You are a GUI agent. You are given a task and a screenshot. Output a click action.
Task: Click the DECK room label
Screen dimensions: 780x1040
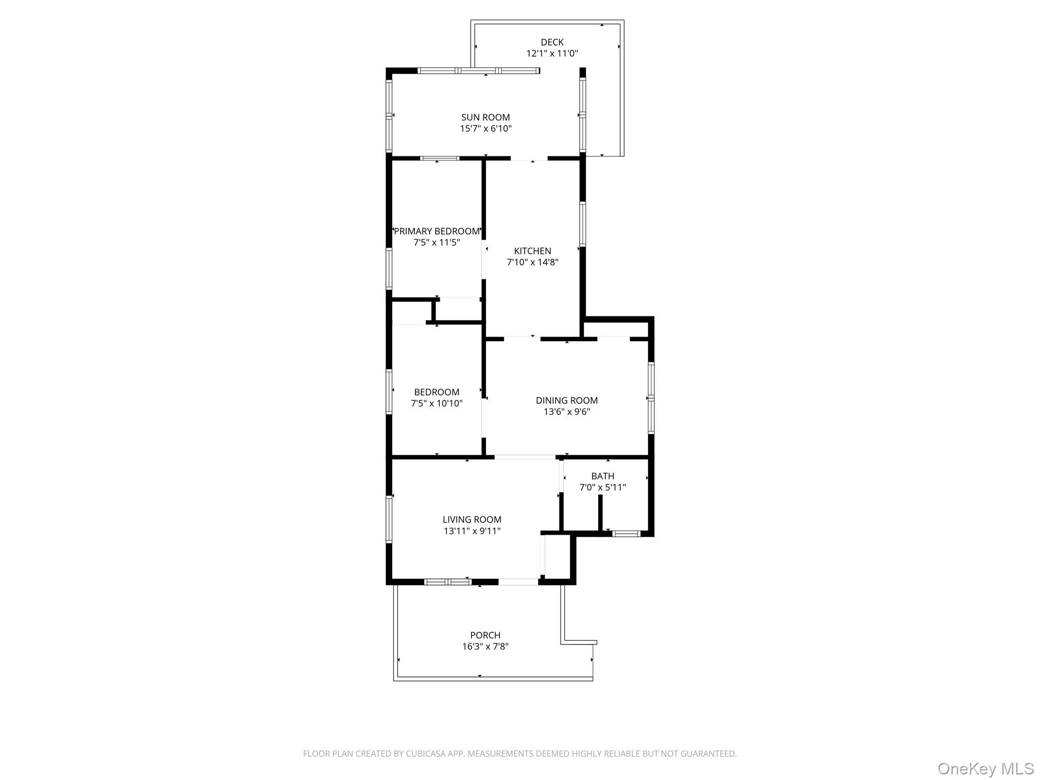point(552,42)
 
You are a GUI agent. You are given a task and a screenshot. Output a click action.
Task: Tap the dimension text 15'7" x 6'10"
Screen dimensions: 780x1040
point(485,128)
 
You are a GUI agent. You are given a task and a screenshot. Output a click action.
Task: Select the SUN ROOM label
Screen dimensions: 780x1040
point(485,117)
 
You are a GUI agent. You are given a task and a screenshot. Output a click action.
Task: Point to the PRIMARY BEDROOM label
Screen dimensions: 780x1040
point(437,231)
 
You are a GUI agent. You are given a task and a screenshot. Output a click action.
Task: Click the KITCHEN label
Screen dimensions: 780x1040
point(532,251)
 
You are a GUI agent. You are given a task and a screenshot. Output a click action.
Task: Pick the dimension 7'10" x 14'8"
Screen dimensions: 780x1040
point(532,262)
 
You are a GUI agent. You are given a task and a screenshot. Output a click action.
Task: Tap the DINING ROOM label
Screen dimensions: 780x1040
point(567,400)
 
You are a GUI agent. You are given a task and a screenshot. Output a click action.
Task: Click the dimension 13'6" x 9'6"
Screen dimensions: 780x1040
point(567,411)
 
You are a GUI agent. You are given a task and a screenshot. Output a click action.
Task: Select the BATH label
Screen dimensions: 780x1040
point(602,476)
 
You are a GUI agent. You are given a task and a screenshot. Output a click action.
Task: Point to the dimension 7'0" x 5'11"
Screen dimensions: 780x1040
point(602,487)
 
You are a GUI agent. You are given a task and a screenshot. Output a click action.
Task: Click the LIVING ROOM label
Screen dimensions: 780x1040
point(472,519)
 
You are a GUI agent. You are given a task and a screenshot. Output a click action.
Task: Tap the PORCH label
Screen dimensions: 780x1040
point(485,635)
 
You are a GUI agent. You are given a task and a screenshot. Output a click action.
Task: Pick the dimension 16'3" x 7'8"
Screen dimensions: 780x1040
point(485,646)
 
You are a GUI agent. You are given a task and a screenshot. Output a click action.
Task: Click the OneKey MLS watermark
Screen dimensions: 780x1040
point(985,768)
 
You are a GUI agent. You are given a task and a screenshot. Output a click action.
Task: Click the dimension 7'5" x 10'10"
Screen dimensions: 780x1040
point(437,403)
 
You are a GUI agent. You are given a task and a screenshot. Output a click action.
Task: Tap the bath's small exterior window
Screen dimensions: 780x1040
point(626,533)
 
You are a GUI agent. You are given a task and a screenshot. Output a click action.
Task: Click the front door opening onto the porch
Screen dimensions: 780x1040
point(518,581)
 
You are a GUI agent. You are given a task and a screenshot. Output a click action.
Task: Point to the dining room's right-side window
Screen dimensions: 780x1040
point(651,397)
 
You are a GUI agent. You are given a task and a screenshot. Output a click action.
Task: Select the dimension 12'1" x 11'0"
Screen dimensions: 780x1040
point(552,53)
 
